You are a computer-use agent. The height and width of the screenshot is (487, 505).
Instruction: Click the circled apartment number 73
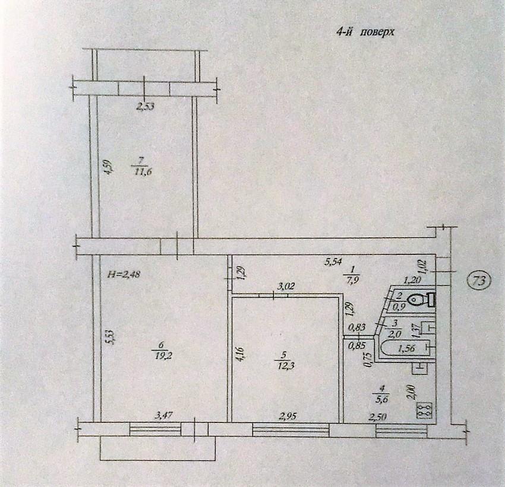[x=479, y=281]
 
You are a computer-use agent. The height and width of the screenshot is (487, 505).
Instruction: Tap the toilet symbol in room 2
[x=421, y=300]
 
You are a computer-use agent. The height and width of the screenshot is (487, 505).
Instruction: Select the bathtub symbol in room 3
[x=407, y=348]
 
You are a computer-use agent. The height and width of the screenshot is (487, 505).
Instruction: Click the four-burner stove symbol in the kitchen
[x=424, y=410]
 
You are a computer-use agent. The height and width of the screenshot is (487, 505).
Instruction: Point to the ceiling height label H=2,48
[x=124, y=275]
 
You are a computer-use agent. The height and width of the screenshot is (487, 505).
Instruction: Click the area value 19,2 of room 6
[x=162, y=356]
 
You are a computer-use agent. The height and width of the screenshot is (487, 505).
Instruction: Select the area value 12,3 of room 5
[x=283, y=365]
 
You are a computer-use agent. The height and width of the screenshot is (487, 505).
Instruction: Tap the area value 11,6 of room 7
[x=143, y=171]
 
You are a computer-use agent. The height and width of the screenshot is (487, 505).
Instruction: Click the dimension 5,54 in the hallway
[x=333, y=263]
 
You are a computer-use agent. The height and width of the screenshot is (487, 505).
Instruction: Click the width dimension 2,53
[x=145, y=106]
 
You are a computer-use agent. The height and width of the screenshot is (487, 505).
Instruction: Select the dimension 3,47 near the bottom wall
[x=163, y=416]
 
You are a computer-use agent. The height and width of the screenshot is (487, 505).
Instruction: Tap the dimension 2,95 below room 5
[x=288, y=416]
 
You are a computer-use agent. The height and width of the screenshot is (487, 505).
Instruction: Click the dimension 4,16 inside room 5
[x=239, y=354]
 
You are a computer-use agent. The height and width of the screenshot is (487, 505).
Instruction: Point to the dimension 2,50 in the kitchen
[x=377, y=417]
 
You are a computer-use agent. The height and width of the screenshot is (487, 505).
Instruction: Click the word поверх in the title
[x=377, y=32]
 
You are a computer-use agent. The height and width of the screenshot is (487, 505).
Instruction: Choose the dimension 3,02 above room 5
[x=286, y=286]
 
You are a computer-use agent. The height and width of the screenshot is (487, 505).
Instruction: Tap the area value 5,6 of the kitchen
[x=381, y=399]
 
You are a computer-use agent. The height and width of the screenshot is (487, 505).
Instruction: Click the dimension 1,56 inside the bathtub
[x=406, y=348]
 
